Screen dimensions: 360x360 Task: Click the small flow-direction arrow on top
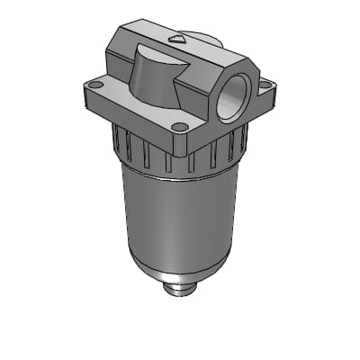click(x=178, y=40)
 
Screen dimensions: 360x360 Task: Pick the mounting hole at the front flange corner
click(x=179, y=126)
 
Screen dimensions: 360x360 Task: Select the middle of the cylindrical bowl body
click(x=180, y=216)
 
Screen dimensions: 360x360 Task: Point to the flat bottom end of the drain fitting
click(x=181, y=294)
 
